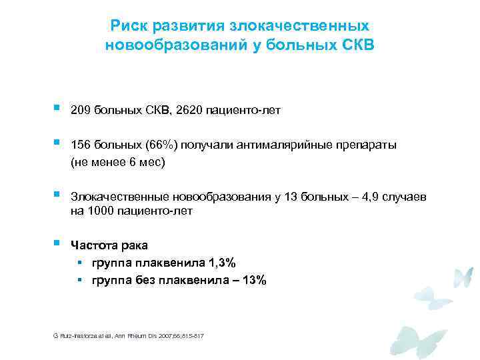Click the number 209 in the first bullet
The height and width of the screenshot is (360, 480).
pos(81,110)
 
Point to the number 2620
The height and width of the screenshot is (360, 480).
pos(183,110)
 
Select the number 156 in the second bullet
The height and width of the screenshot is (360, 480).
pos(81,145)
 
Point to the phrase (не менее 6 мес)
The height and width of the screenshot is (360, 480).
pos(117,162)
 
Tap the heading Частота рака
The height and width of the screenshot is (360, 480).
pos(109,246)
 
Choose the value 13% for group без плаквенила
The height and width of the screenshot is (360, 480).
pos(253,281)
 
